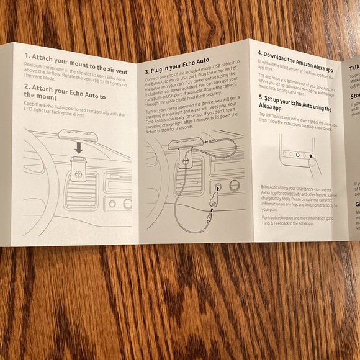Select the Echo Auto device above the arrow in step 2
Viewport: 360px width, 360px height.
(x=76, y=133)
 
